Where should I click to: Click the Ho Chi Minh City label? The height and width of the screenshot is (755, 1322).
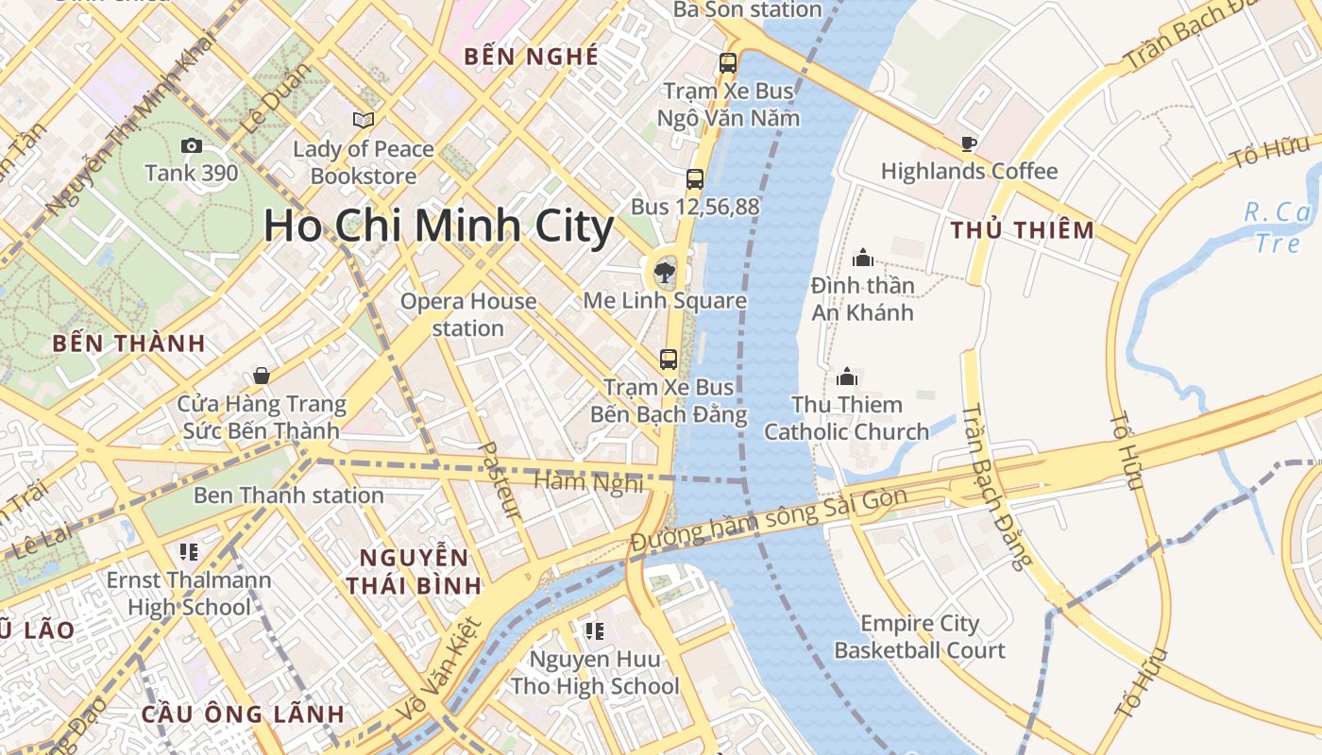438,226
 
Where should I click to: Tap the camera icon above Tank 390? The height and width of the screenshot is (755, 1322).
191,145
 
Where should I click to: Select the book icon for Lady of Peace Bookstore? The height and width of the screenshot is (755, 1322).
364,120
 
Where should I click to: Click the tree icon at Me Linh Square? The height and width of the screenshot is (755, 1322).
665,273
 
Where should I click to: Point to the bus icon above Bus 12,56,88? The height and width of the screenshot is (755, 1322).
695,178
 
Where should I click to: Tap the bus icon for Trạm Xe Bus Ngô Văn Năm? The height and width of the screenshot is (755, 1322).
727,63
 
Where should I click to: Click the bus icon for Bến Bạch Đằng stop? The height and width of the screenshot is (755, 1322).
669,359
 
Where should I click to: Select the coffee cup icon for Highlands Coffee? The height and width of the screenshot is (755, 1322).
968,143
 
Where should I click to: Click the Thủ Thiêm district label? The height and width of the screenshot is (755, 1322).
1022,230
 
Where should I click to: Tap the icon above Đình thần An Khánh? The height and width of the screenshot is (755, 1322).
862,257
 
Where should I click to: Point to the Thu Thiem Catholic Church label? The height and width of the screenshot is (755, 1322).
847,418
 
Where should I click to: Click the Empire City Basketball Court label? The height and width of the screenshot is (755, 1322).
920,637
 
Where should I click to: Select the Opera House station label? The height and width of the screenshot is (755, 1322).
468,314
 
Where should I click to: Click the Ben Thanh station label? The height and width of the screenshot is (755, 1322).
288,495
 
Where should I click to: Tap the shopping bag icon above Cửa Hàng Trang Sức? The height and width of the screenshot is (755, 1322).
262,376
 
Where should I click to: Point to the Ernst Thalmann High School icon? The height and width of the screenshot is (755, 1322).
188,551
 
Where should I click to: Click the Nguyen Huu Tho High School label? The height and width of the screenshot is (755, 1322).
594,672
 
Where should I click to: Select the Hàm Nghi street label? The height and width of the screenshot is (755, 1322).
588,482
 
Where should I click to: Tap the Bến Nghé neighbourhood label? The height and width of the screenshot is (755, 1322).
532,57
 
